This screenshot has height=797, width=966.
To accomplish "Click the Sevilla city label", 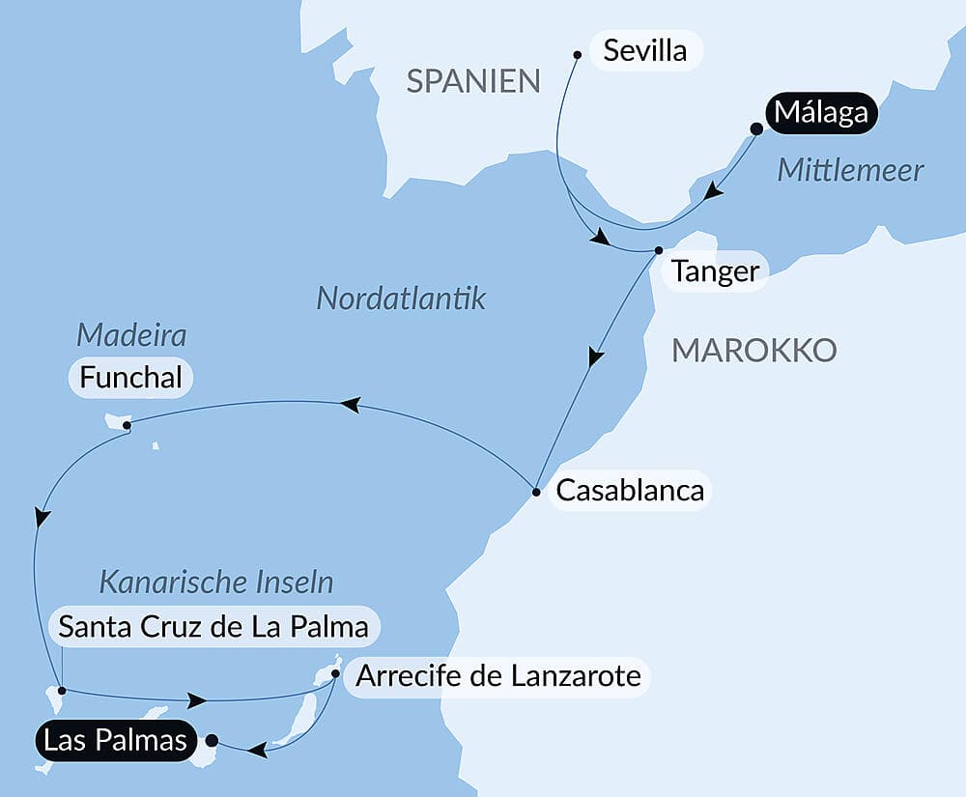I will (644, 50).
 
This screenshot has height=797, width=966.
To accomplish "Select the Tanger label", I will (715, 271).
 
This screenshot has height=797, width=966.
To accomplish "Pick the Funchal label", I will (131, 378).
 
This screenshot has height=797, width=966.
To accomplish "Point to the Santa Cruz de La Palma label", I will (213, 627).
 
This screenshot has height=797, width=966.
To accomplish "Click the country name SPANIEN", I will (473, 81).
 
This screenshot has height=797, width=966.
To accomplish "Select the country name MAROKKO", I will (753, 351).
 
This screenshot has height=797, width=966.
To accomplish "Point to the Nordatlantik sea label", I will (401, 299).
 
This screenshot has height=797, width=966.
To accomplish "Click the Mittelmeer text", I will (850, 171).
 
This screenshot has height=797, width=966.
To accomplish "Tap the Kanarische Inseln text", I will (216, 583).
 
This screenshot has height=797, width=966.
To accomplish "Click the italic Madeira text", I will (131, 336).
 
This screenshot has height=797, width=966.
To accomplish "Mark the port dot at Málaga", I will (756, 128).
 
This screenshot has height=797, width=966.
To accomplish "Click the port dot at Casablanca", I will (536, 493).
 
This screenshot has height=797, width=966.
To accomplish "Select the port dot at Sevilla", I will (577, 54).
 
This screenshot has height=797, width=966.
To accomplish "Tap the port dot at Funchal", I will (127, 424).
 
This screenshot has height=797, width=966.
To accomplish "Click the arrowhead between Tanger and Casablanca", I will (596, 357).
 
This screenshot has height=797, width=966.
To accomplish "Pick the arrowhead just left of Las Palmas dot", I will (257, 749).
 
